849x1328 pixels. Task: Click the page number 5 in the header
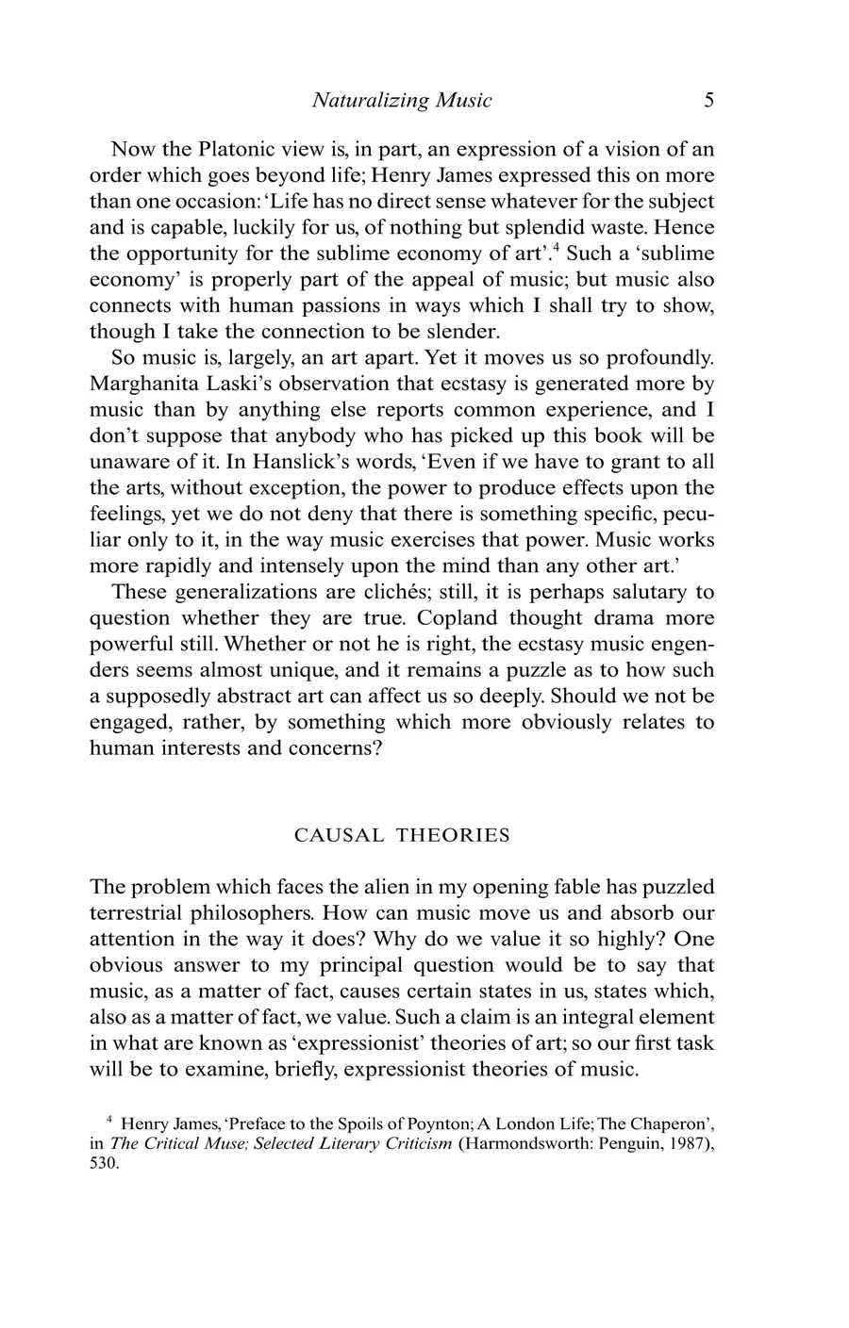click(x=708, y=101)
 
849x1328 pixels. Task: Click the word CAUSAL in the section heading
click(x=339, y=836)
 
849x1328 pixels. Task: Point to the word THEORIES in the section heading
click(x=452, y=836)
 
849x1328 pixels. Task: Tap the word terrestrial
click(x=141, y=913)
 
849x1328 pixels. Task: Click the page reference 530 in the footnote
click(x=104, y=1164)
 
